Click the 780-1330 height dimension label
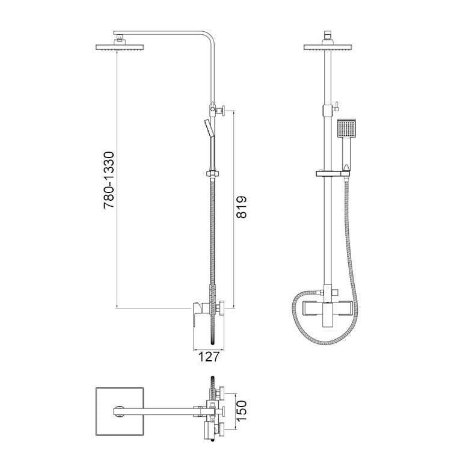(109, 180)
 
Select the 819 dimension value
(241, 207)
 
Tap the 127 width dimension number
(209, 357)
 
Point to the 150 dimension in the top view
(241, 411)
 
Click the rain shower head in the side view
(120, 48)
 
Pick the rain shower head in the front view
(328, 48)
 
